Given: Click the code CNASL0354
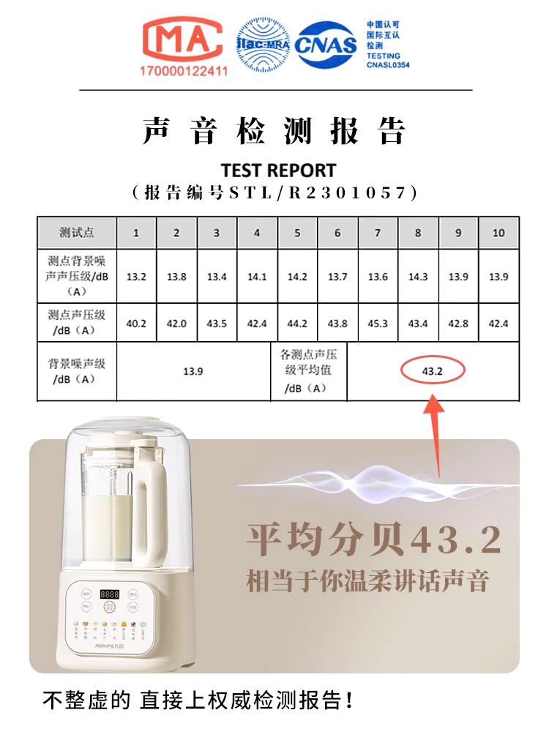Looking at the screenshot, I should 388,65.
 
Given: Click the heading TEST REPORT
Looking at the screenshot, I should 278,171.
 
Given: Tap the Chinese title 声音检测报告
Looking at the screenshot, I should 274,132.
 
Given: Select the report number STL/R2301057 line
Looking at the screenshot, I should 274,193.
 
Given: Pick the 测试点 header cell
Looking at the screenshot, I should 77,233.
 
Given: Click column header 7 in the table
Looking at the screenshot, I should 378,233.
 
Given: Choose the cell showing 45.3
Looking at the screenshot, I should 378,324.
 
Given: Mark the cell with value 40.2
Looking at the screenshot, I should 136,324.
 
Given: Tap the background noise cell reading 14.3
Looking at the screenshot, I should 418,277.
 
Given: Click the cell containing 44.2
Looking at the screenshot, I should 297,324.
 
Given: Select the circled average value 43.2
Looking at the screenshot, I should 433,371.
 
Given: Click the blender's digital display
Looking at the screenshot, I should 111,594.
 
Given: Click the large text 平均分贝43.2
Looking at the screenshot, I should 373,540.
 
